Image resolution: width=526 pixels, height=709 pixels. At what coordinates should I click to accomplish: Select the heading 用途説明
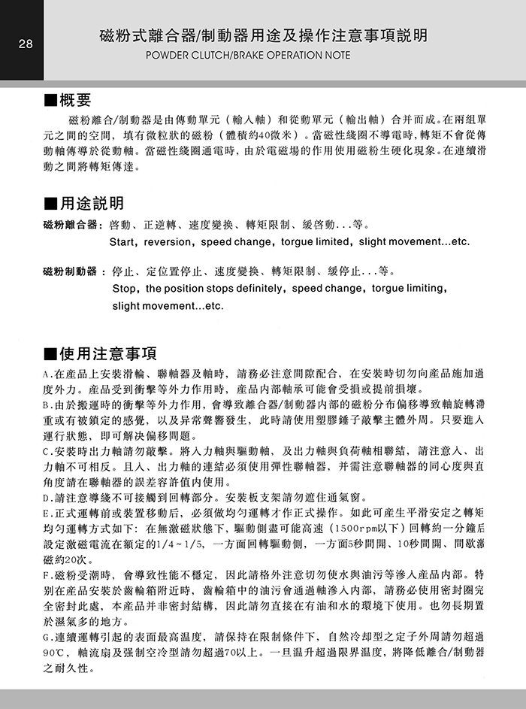point(92,204)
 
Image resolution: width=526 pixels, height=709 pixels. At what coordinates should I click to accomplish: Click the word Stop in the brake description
point(124,289)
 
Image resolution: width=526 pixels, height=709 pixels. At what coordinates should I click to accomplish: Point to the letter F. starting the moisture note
point(49,575)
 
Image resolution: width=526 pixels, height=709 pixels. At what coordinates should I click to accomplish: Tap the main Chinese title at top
point(263,36)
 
